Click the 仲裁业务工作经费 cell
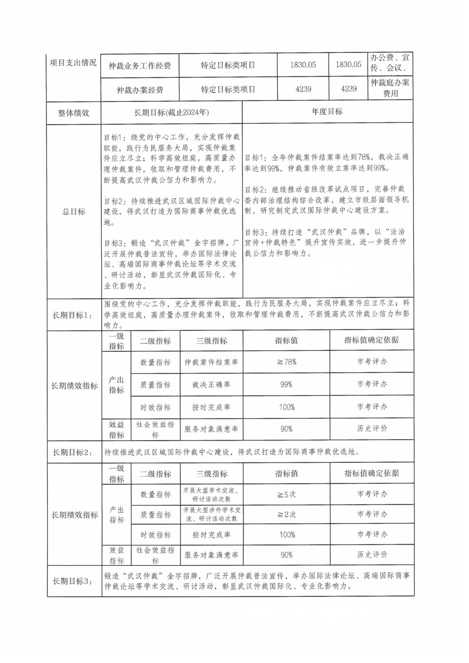pyautogui.click(x=140, y=66)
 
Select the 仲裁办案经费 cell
pyautogui.click(x=140, y=90)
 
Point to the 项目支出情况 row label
pyautogui.click(x=73, y=63)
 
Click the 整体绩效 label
pyautogui.click(x=73, y=113)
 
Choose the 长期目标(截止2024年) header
pyautogui.click(x=172, y=113)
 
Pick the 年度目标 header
pyautogui.click(x=327, y=112)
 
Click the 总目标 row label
pyautogui.click(x=74, y=212)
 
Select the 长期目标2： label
pyautogui.click(x=74, y=452)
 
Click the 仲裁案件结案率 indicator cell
pyautogui.click(x=211, y=362)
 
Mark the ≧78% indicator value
pyautogui.click(x=286, y=362)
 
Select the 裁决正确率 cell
pyautogui.click(x=211, y=384)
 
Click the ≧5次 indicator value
pyautogui.click(x=286, y=494)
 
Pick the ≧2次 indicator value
pyautogui.click(x=286, y=514)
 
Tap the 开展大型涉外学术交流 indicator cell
pyautogui.click(x=212, y=514)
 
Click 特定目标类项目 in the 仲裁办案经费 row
pyautogui.click(x=228, y=89)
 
